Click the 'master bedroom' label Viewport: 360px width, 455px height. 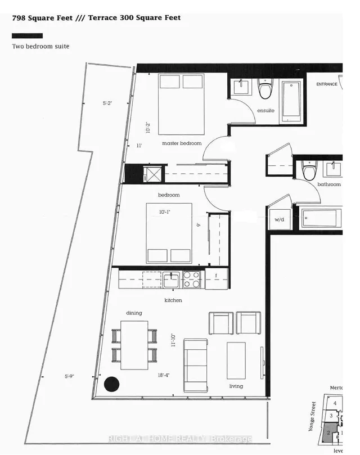[182, 143]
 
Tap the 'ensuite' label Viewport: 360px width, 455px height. [265, 110]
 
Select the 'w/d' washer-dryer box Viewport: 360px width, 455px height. [280, 219]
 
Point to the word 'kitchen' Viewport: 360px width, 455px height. [173, 300]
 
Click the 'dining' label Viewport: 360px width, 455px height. [134, 313]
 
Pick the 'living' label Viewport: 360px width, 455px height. [236, 386]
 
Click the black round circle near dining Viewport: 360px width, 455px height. [112, 384]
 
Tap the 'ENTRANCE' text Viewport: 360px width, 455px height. [327, 84]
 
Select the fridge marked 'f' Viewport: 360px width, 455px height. [216, 277]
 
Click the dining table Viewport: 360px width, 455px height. [134, 345]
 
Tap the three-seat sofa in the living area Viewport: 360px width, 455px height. [196, 366]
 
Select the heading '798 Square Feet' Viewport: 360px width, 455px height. [46, 18]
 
